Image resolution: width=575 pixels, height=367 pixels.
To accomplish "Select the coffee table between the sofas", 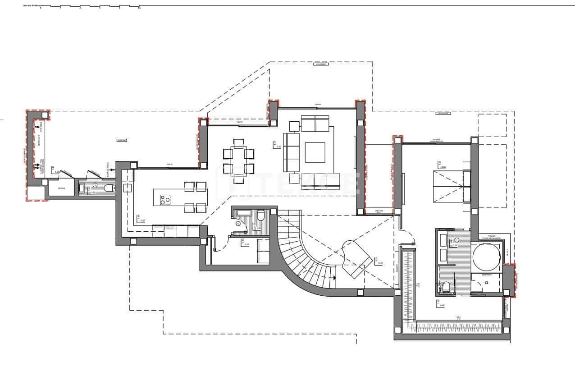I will point(315,152).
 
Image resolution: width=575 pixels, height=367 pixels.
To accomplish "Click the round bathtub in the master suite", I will point(486,257).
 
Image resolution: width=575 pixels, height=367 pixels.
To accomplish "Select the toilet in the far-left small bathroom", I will point(108,188).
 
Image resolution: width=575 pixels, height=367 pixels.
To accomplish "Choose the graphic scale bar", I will point(90,7).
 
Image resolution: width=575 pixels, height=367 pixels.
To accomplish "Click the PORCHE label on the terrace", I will point(121,140).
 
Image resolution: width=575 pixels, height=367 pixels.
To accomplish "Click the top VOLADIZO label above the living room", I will point(320,65).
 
